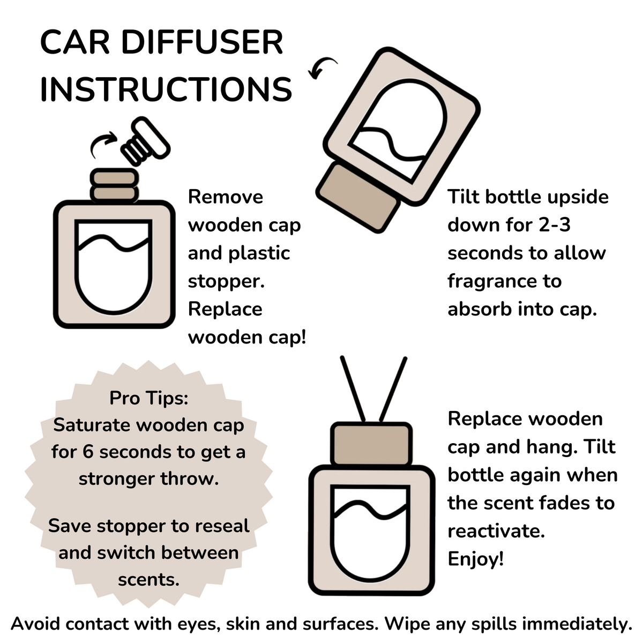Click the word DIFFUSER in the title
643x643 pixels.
coord(202,43)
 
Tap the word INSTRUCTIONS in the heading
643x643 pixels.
coord(166,89)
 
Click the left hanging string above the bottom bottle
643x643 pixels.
coord(354,388)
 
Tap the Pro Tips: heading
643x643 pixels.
coord(149,398)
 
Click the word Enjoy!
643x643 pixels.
coord(476,559)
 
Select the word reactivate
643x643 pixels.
coord(496,531)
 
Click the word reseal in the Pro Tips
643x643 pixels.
coord(221,526)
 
